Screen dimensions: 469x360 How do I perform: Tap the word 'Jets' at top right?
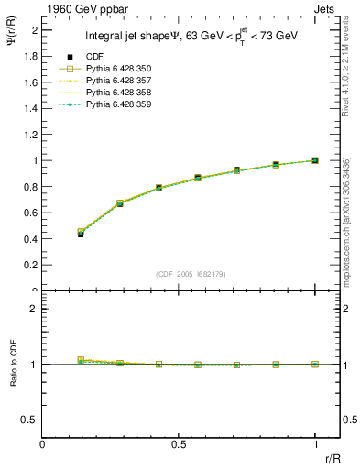(x=326, y=8)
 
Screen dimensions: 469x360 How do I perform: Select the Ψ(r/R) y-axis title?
(x=12, y=43)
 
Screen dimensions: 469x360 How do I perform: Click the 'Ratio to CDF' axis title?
(x=12, y=384)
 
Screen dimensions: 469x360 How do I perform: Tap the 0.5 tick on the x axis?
(x=179, y=443)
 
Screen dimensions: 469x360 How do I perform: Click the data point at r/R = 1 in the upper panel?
(x=315, y=160)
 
